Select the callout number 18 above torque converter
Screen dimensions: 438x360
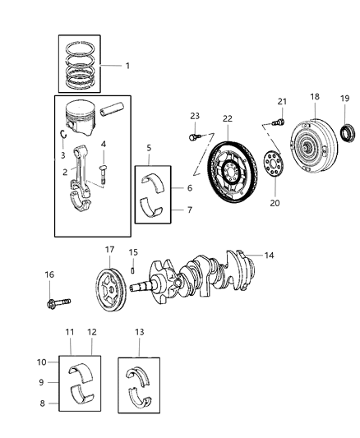pos(315,96)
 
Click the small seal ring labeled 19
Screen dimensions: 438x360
pos(348,131)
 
